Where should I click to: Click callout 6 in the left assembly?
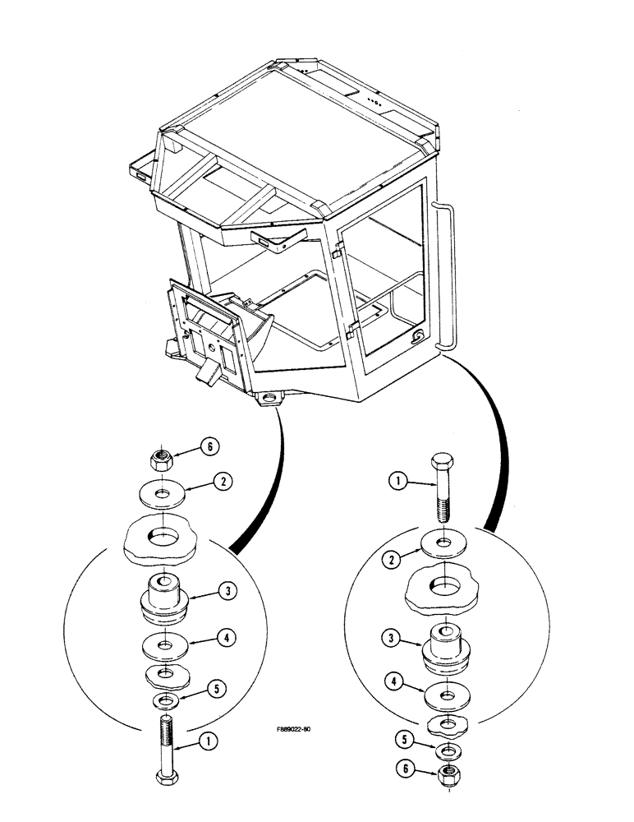pos(209,446)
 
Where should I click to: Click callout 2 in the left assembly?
pos(220,483)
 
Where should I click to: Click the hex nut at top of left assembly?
pos(161,457)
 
